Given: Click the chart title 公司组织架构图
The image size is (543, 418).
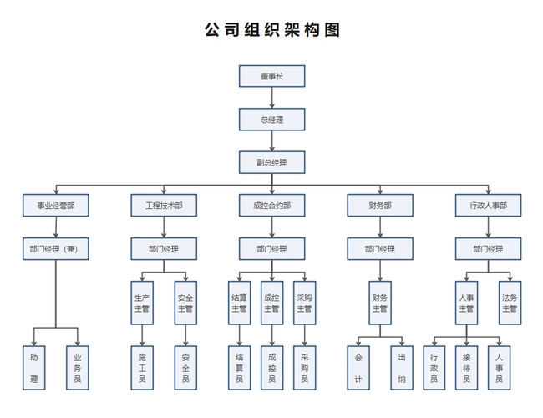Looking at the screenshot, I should [271, 30].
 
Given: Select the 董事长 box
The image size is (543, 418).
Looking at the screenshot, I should [271, 76].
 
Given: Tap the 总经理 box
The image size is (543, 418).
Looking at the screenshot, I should [271, 120].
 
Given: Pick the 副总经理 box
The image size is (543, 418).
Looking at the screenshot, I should [271, 161].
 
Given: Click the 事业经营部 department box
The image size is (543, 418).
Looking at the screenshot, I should [56, 205].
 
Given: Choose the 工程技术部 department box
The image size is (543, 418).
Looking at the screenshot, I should [164, 205].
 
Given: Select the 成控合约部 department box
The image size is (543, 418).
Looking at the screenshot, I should [271, 205].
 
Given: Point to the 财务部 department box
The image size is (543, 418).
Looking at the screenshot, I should [379, 205].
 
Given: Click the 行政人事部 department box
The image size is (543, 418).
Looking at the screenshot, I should [488, 205].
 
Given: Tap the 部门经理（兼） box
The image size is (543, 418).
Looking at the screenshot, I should [56, 248].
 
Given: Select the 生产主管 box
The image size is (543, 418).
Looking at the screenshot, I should [142, 303].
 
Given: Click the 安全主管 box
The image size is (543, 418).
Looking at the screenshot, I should [185, 303].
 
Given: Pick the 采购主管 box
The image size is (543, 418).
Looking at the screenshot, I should [304, 303].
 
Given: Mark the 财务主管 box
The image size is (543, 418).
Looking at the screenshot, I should [379, 303].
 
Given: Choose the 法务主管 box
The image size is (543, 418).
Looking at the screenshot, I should [510, 303].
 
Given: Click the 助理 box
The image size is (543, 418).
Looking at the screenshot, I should [34, 368].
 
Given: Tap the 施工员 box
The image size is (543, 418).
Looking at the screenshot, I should [142, 368].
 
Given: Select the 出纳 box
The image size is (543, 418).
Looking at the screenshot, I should [402, 368].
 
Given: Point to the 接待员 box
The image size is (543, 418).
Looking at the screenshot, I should [466, 368].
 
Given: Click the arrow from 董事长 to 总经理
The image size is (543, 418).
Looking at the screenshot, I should [271, 98].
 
